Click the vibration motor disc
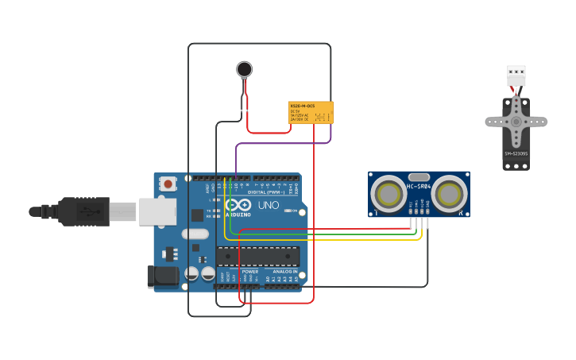pos(245,69)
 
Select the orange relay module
pos(311,112)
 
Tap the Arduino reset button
pos(168,184)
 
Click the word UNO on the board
pos(269,205)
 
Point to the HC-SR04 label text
pos(419,187)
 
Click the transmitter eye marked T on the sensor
pos(388,194)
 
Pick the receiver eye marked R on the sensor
pos(450,194)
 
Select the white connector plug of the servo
pos(516,76)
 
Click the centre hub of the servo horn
pos(516,122)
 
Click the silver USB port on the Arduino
pos(157,211)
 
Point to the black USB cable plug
pos(83,211)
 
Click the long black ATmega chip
pos(257,256)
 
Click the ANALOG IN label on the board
pos(284,272)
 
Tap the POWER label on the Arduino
pos(250,272)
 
